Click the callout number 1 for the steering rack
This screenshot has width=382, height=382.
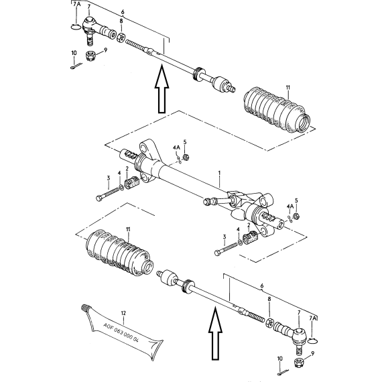[219, 173]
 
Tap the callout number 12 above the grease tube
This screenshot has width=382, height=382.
[123, 313]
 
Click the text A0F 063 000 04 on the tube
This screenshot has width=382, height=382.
[121, 333]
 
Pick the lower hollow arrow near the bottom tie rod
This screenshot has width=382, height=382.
[215, 334]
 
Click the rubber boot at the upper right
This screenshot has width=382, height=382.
[277, 110]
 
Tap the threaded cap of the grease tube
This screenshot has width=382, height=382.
[84, 308]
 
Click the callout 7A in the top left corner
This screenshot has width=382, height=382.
[76, 4]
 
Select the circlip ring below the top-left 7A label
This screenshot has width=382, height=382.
[76, 27]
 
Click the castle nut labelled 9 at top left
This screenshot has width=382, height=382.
[90, 56]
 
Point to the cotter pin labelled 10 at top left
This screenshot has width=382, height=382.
[76, 66]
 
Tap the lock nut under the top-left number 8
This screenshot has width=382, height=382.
[121, 38]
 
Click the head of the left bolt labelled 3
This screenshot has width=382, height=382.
[99, 198]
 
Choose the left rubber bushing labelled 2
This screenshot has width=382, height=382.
[131, 183]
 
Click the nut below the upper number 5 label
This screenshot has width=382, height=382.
[186, 157]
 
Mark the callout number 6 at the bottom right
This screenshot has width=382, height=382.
[262, 285]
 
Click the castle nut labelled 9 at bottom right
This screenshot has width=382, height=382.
[299, 363]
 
